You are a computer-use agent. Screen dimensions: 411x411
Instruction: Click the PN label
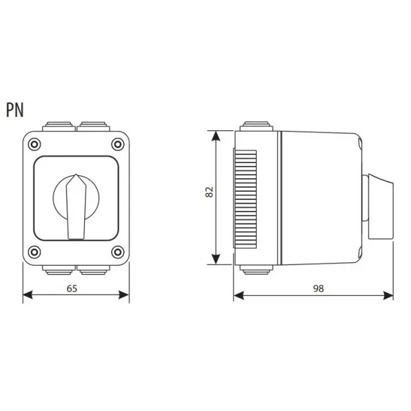point(15,110)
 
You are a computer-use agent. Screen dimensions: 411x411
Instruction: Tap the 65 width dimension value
point(72,288)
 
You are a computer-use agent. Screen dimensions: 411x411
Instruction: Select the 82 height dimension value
point(209,192)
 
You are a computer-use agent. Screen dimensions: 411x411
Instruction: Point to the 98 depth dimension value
point(319,288)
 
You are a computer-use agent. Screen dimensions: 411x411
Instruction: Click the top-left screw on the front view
point(34,144)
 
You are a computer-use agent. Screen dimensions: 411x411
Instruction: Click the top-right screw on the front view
point(118,144)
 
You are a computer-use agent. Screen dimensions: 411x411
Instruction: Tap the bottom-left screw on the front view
point(34,252)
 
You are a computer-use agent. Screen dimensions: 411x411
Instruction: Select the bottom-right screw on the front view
point(118,252)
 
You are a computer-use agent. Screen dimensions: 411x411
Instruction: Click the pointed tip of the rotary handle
point(76,174)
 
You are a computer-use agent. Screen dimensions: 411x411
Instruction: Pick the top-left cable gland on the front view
point(59,126)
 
